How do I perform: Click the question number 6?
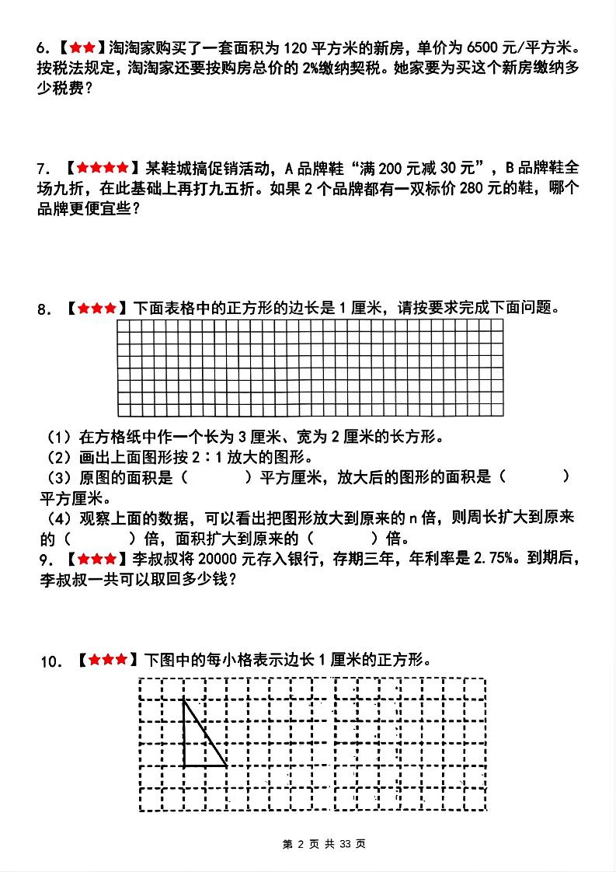pyautogui.click(x=42, y=48)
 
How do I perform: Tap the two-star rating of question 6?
pyautogui.click(x=82, y=48)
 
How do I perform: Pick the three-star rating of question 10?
pyautogui.click(x=108, y=661)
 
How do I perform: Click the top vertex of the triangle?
pyautogui.click(x=184, y=701)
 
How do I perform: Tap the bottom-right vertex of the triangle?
pyautogui.click(x=227, y=766)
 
